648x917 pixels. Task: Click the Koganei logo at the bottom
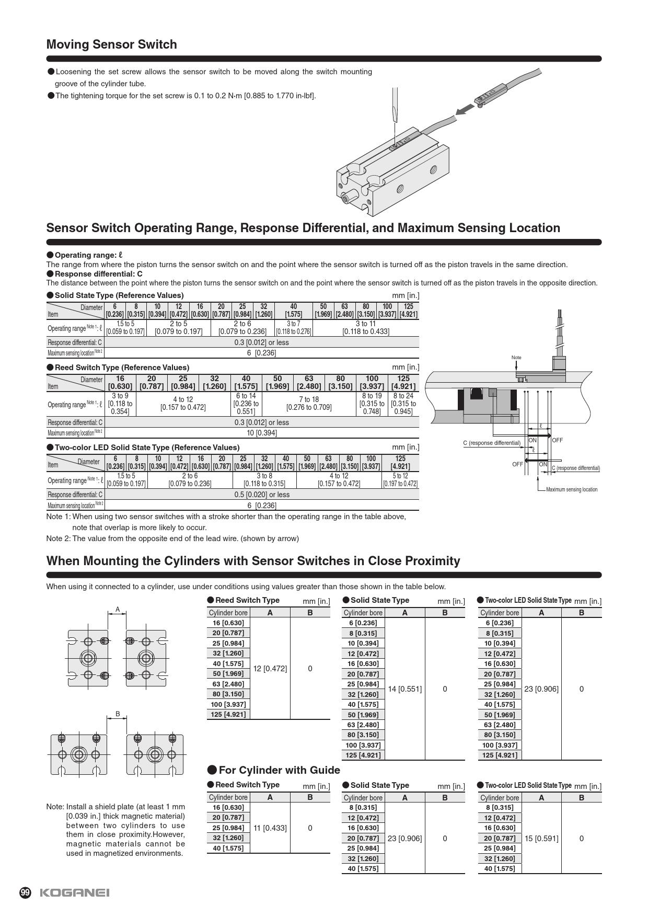pyautogui.click(x=75, y=892)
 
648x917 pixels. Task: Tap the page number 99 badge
pyautogui.click(x=25, y=892)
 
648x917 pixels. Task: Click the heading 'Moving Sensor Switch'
pyautogui.click(x=111, y=44)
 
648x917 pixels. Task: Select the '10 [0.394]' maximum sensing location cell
pyautogui.click(x=262, y=433)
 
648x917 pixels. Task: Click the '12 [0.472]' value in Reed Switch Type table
pyautogui.click(x=270, y=668)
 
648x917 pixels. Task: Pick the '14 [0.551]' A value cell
pyautogui.click(x=404, y=689)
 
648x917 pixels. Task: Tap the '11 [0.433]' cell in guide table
pyautogui.click(x=270, y=828)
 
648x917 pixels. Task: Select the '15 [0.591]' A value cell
pyautogui.click(x=541, y=838)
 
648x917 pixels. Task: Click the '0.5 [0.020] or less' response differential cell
pyautogui.click(x=262, y=495)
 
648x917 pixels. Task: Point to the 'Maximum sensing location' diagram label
pyautogui.click(x=571, y=490)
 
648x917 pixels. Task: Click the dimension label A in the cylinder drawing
pyautogui.click(x=118, y=609)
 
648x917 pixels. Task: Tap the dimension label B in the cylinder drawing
pyautogui.click(x=118, y=714)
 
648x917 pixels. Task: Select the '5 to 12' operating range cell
pyautogui.click(x=400, y=480)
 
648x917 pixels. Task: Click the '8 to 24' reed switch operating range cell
pyautogui.click(x=403, y=404)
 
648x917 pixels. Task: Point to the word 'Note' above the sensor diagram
pyautogui.click(x=516, y=358)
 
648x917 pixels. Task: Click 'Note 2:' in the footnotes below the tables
pyautogui.click(x=58, y=538)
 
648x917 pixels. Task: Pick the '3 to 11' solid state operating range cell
pyautogui.click(x=366, y=327)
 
